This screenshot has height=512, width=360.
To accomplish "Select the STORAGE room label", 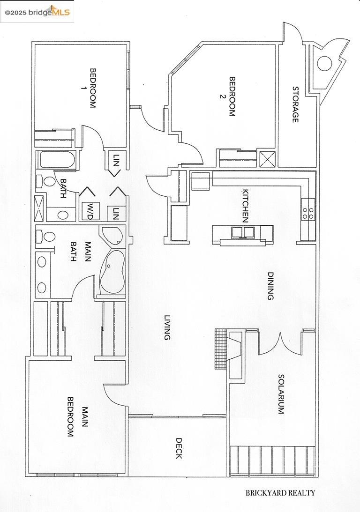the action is click(296, 104).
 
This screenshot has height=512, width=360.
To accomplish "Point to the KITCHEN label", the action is click(245, 205).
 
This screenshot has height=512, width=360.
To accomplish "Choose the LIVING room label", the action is click(167, 327).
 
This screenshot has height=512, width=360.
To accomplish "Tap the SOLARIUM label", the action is click(281, 394).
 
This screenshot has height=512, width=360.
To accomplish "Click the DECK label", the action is click(179, 448).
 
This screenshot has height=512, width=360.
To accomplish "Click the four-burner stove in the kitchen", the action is click(308, 213).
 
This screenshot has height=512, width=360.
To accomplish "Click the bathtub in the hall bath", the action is click(58, 160).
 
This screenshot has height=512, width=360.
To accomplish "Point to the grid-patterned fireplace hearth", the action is click(220, 349).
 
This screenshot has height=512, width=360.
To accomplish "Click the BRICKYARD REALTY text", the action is click(280, 493).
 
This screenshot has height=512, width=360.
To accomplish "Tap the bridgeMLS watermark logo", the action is click(37, 12).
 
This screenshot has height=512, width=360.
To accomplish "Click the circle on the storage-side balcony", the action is click(324, 63).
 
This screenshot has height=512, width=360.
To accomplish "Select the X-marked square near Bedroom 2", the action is click(267, 159).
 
